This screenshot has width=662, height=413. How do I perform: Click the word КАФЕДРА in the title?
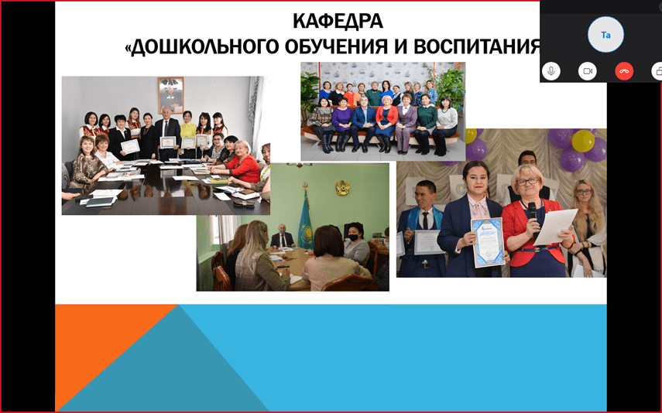click(338, 21)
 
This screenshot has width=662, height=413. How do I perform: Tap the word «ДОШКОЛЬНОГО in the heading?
click(202, 47)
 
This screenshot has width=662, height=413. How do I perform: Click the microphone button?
click(551, 71)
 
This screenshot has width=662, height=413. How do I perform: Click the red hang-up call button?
click(624, 71)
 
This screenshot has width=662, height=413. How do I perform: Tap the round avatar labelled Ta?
click(605, 35)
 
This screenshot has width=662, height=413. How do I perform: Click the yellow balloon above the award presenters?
click(583, 141)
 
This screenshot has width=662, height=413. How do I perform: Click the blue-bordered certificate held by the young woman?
click(488, 242)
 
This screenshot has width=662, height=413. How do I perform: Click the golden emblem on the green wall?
click(342, 188)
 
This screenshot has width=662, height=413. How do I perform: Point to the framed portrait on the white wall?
click(170, 95)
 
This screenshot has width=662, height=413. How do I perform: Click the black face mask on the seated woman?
click(353, 237)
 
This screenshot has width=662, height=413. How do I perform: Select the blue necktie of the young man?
click(426, 221)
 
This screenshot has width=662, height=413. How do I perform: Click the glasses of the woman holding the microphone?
click(527, 182)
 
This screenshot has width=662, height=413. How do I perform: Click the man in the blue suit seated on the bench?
click(362, 123)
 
